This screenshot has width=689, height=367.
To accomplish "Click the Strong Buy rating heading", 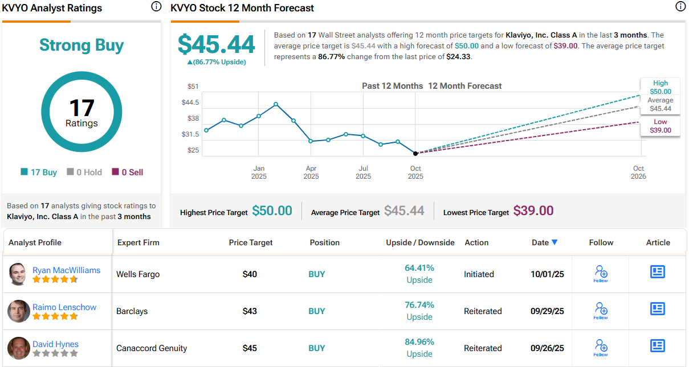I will click(x=81, y=46).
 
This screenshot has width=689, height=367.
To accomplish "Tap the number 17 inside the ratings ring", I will click(x=81, y=108).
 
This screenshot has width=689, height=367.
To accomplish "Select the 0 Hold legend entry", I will click(x=85, y=172).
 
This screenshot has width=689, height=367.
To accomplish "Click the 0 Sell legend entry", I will click(x=128, y=172).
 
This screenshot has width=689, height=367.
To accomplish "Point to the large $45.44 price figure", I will click(x=216, y=44).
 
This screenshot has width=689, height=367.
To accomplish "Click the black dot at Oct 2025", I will click(x=415, y=154).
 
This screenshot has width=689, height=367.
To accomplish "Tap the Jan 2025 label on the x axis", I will click(x=259, y=172).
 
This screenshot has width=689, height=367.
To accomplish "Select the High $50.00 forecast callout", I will click(x=661, y=87).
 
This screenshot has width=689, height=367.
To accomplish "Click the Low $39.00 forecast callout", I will click(x=661, y=126).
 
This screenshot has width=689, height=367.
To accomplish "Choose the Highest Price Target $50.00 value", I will click(x=272, y=211).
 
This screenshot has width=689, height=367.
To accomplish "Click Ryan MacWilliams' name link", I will click(x=66, y=270).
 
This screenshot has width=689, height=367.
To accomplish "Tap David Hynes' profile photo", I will click(x=19, y=348).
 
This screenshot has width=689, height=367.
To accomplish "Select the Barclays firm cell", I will click(x=132, y=311).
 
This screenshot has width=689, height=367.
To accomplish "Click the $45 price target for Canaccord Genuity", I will click(x=250, y=348).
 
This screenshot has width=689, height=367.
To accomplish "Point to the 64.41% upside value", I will click(x=419, y=268).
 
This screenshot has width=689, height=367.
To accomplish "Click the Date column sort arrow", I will click(x=555, y=242).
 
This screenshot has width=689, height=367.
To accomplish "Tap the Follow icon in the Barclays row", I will click(x=601, y=310).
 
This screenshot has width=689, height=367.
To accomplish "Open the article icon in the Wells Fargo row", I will click(x=658, y=272).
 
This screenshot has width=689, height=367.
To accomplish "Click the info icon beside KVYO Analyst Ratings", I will click(x=156, y=7).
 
